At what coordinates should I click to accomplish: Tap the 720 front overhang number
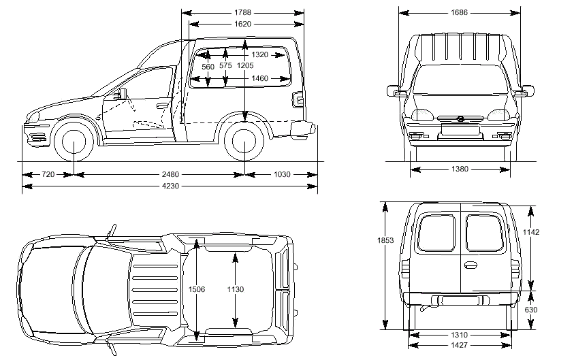(48, 175)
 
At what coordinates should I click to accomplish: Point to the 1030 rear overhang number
(282, 175)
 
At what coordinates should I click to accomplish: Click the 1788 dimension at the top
(242, 12)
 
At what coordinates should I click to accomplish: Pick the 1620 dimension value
(242, 24)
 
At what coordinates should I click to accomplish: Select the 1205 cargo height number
(246, 66)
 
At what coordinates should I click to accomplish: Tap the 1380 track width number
(460, 169)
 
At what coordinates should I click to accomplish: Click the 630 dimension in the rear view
(531, 310)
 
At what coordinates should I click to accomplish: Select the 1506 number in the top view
(197, 289)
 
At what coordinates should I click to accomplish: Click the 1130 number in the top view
(235, 289)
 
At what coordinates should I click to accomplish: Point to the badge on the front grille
(460, 119)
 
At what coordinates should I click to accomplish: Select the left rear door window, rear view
(436, 233)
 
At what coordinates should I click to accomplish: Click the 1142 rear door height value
(531, 232)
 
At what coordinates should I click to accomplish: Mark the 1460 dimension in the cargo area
(259, 78)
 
